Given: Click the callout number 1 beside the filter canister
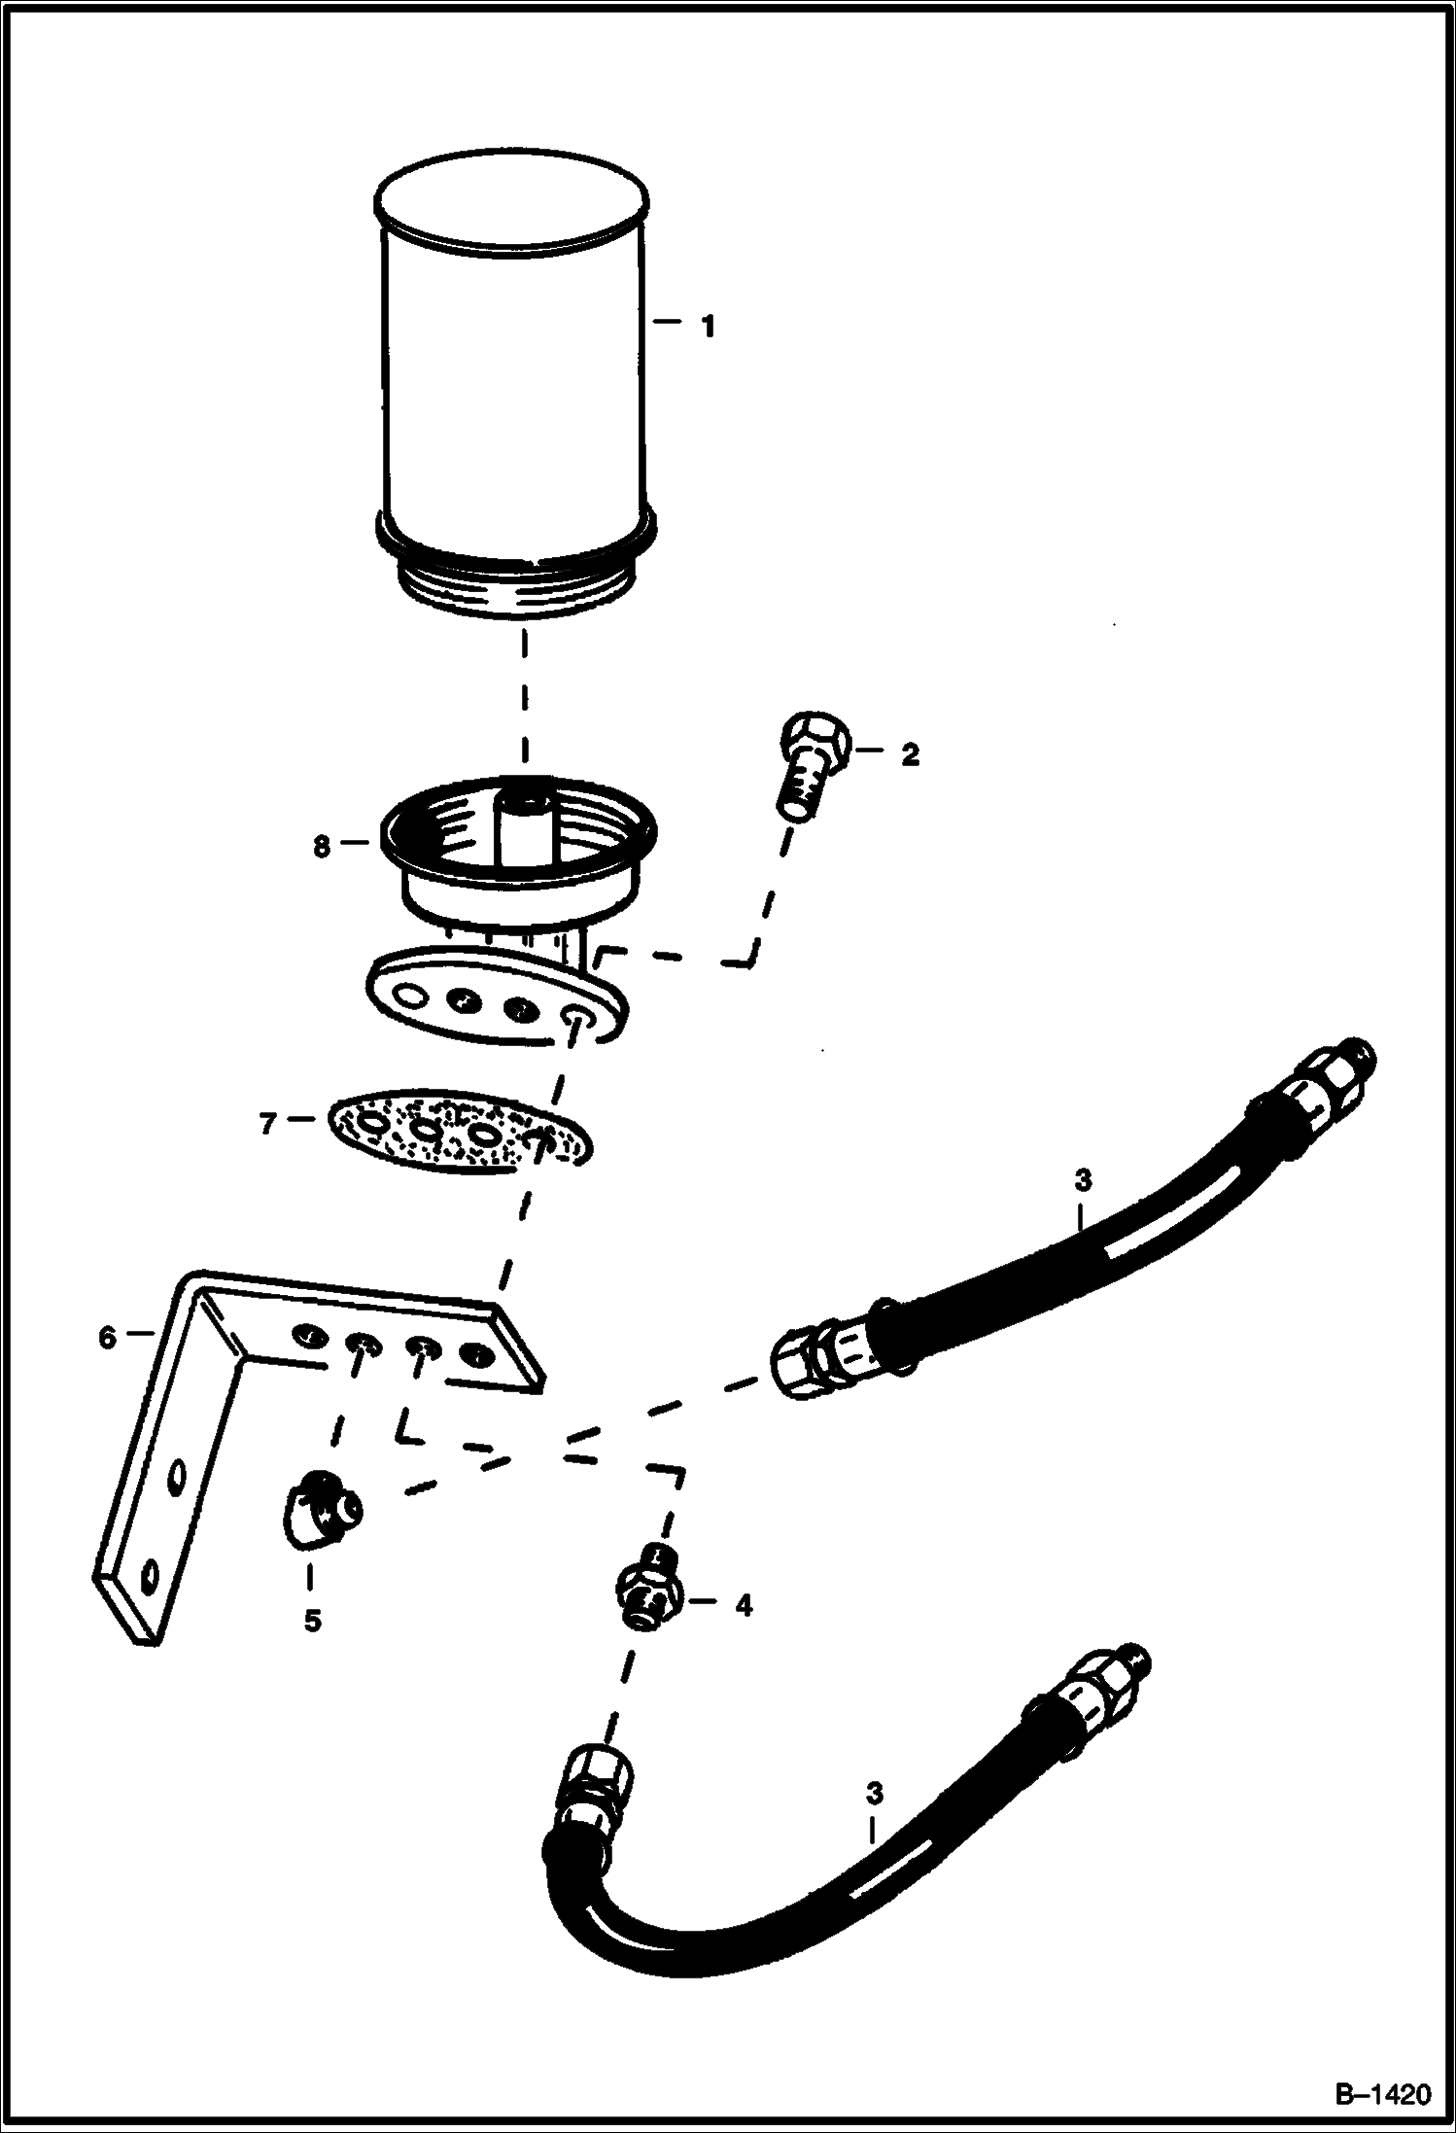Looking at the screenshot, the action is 709,326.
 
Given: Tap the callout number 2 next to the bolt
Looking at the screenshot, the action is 910,754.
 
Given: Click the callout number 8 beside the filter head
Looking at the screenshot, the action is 322,846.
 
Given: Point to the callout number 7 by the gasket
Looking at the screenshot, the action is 268,1123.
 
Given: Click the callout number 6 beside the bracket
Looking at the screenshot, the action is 107,1339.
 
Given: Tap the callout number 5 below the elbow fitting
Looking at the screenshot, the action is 312,1621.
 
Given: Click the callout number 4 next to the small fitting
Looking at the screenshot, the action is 744,1605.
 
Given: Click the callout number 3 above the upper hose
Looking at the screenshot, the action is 1083,1180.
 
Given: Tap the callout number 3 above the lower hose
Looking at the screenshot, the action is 874,1791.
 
